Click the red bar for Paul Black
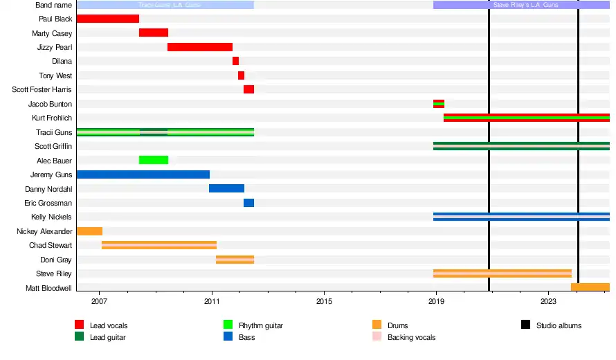(x=107, y=19)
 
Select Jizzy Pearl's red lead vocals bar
(x=200, y=47)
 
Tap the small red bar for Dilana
(x=235, y=61)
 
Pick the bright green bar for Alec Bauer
(x=154, y=160)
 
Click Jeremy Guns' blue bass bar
(x=143, y=174)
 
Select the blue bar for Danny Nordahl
(x=226, y=188)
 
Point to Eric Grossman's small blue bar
(x=248, y=203)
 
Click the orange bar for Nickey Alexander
(x=89, y=231)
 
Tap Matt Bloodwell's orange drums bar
(x=590, y=287)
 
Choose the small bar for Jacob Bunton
(x=439, y=104)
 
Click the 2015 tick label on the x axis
(x=324, y=302)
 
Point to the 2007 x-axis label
(x=99, y=302)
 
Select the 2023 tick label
(x=548, y=302)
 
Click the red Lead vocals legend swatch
(x=80, y=325)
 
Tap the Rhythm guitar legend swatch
(x=228, y=325)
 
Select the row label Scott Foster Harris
(x=42, y=90)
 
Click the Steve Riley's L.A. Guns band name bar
(x=521, y=5)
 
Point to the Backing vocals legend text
(x=411, y=337)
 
